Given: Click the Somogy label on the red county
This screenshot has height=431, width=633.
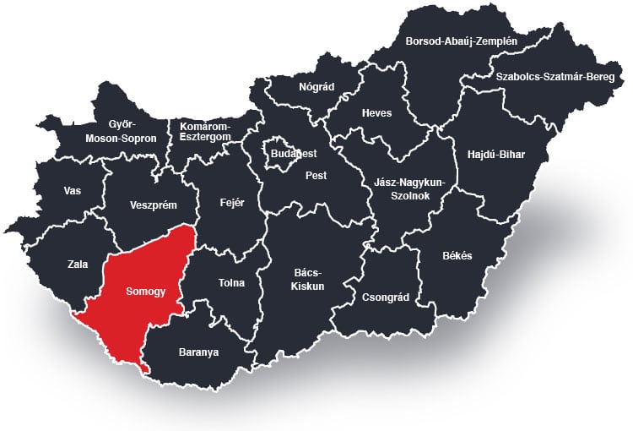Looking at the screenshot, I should (x=144, y=292).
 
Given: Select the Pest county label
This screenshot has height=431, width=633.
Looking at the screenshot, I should (x=316, y=176).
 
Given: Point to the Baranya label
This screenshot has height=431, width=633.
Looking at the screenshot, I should (x=198, y=352).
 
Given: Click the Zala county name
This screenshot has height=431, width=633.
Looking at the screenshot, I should (x=78, y=265).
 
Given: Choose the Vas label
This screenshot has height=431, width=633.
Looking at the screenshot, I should (x=73, y=191).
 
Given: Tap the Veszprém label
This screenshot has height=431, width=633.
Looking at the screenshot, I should (x=152, y=205).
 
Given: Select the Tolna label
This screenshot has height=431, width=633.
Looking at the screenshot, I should (x=230, y=282).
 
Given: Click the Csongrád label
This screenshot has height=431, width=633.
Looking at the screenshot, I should (x=384, y=297).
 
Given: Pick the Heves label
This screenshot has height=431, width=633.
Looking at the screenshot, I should (x=376, y=113).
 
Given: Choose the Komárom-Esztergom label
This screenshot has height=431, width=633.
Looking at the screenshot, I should (x=205, y=131).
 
